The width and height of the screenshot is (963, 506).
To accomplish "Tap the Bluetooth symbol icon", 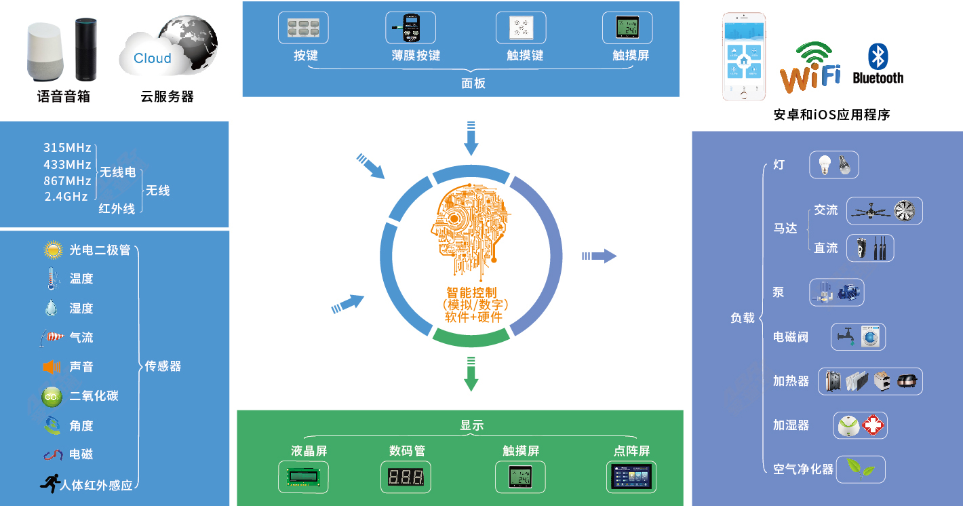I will click(878, 56).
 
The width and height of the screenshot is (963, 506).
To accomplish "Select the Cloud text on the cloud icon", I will click(153, 58).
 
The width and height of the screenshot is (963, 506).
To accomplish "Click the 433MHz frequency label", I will click(67, 164).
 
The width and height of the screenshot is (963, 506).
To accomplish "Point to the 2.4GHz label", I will click(66, 197).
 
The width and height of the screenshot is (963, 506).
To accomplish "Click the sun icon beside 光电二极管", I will click(53, 250).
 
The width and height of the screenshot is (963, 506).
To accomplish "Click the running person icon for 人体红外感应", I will click(49, 484).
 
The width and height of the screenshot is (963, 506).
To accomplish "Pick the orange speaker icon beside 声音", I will click(52, 367).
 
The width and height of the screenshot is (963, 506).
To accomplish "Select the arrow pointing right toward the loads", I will click(600, 256).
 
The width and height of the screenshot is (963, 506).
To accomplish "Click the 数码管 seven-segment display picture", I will click(406, 477).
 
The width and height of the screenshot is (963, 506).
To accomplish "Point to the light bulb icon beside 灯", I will click(825, 164).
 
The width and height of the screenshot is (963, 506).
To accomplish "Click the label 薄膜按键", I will click(416, 56).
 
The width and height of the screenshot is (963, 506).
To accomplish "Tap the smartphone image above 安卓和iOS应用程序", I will click(744, 56).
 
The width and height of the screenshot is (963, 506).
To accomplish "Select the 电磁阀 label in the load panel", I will click(791, 337).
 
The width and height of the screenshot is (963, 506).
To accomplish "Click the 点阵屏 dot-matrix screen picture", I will click(631, 477).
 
